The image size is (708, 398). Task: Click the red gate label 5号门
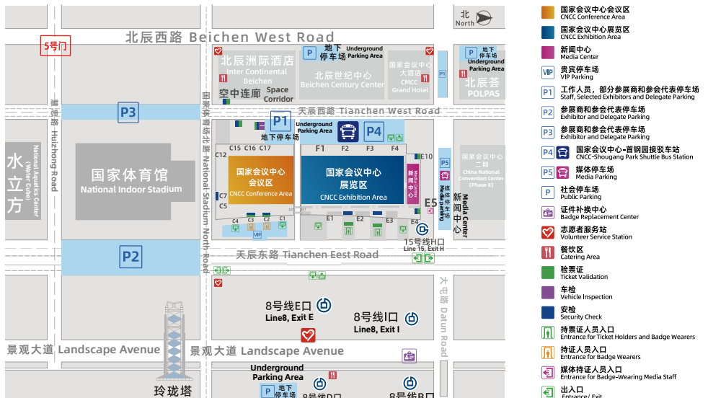55,46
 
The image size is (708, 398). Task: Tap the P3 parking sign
128,112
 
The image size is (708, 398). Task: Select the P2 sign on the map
130,256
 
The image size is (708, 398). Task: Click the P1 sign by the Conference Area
280,122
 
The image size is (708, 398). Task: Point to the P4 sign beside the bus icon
373,131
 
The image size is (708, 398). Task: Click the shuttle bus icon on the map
348,131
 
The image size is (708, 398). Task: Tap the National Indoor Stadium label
131,182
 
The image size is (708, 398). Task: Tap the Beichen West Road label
230,37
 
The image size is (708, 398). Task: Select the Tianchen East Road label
307,255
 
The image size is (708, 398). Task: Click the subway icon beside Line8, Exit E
324,305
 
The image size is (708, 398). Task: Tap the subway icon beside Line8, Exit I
412,318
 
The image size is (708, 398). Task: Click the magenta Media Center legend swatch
548,53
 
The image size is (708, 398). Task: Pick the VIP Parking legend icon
548,72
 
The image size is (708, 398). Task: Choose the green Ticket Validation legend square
548,273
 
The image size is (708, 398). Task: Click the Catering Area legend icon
548,252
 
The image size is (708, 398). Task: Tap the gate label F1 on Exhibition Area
320,149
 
